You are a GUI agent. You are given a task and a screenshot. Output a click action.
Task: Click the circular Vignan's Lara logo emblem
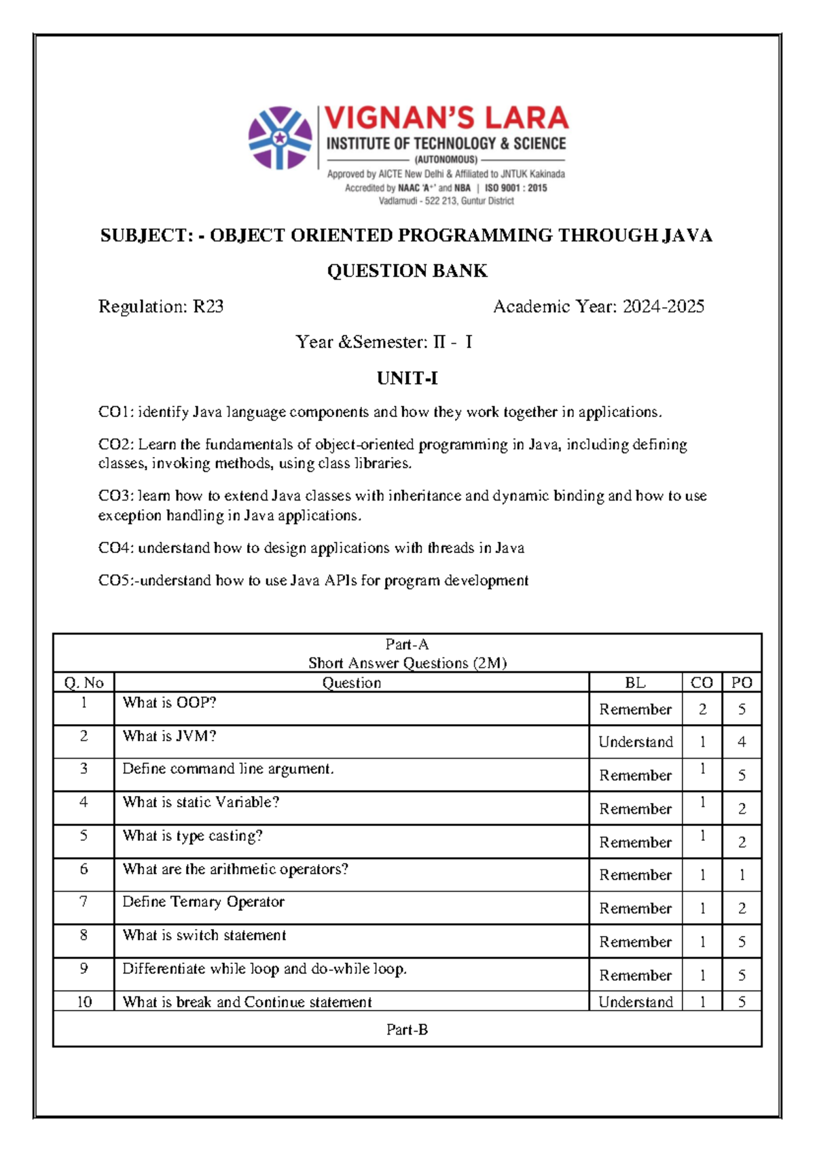coord(280,138)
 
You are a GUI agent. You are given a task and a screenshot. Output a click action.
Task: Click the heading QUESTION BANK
coord(407,271)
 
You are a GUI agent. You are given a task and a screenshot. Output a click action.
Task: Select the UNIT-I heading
coord(407,378)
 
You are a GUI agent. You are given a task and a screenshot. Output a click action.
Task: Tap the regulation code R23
coord(209,307)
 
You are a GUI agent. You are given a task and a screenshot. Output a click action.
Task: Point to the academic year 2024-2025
coord(663,307)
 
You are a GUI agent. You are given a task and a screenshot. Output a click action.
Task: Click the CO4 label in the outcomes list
coord(115,548)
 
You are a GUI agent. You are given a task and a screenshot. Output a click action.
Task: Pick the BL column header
coord(635,683)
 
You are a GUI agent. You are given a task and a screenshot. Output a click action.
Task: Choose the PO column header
coord(742,683)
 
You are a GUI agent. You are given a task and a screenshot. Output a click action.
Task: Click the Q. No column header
coord(84,683)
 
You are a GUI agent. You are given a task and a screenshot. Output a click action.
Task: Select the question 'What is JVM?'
coord(169,736)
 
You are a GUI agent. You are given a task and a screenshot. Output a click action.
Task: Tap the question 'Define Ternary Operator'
coord(203,902)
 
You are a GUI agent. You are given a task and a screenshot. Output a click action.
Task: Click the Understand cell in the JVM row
coord(635,742)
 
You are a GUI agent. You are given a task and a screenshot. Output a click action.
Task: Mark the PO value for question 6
coord(742,876)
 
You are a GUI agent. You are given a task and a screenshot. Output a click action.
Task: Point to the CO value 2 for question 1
coord(702,710)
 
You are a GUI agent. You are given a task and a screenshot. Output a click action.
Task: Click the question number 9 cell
coord(84,969)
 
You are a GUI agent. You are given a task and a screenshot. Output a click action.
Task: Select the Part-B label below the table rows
coord(407,1030)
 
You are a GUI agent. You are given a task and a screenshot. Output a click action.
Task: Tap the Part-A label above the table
coord(407,645)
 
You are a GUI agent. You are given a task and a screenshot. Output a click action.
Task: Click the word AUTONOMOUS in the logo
coord(446,160)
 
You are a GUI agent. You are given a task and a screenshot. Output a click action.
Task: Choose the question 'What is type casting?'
coord(192,836)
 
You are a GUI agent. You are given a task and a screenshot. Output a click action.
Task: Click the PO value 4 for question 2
coord(742,742)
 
